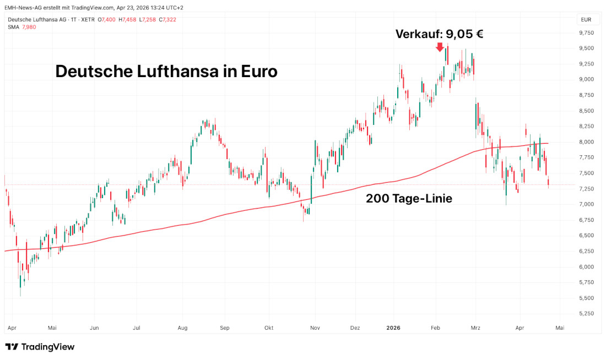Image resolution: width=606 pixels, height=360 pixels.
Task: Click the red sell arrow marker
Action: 440,47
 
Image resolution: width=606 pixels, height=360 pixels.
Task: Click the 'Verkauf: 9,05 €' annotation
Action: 439,34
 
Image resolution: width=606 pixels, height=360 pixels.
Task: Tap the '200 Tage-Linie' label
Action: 409,199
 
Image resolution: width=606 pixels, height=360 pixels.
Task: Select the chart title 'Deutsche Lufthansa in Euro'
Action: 166,72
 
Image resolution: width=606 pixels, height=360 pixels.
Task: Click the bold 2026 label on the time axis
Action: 393,328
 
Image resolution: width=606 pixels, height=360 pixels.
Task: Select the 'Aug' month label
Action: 183,328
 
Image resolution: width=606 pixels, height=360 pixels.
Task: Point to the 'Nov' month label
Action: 315,328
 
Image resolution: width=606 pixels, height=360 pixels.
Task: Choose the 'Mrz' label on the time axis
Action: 475,328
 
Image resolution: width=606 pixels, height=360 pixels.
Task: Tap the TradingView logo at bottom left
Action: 40,347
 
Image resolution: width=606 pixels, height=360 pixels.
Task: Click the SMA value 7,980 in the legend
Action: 29,27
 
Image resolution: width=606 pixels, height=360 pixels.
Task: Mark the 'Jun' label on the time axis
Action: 94,328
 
